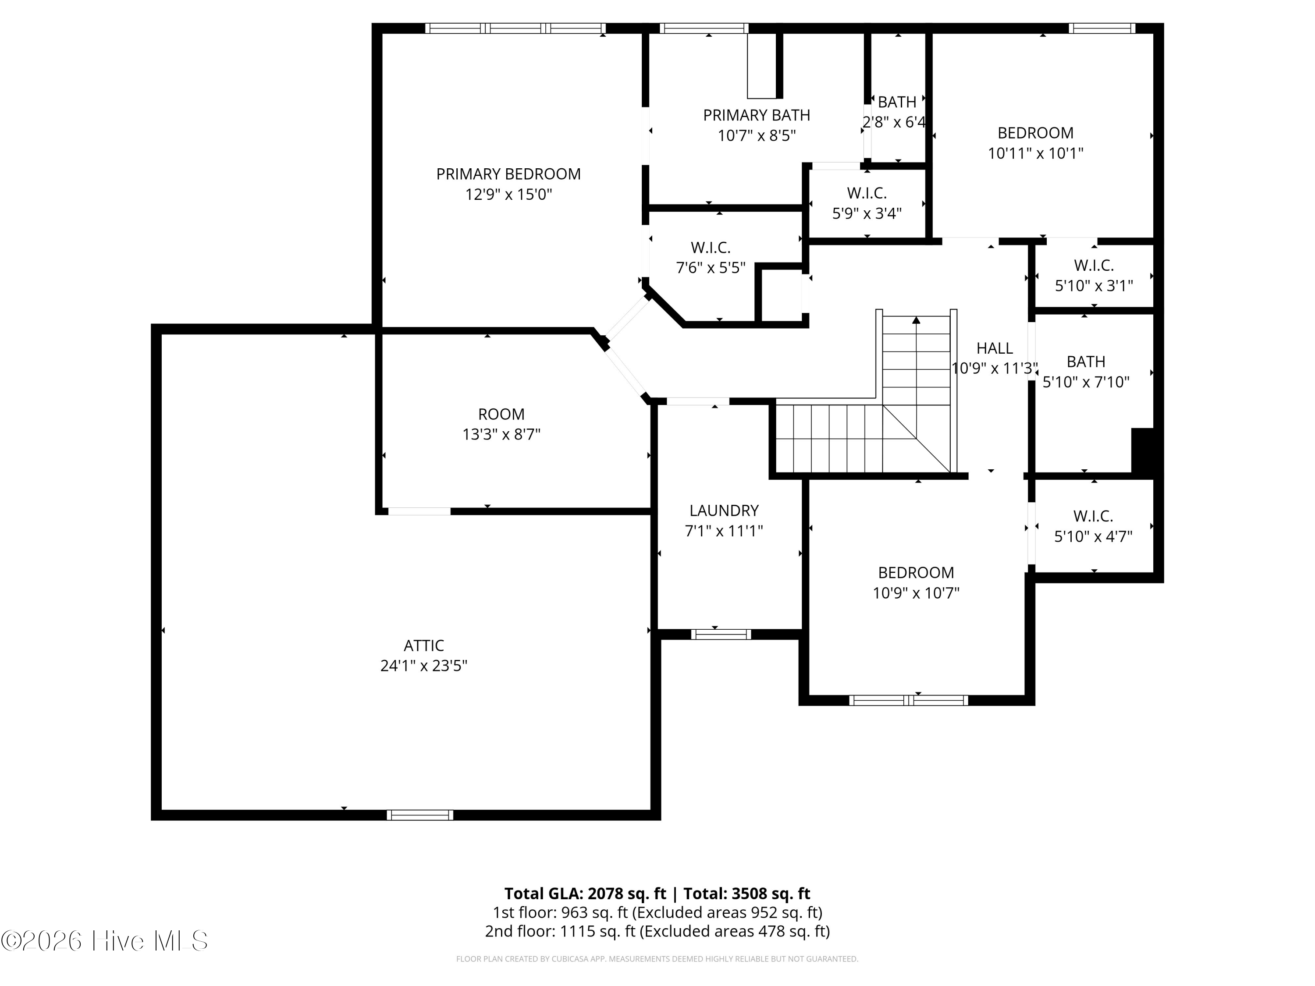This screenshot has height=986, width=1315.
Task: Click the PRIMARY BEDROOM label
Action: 508,174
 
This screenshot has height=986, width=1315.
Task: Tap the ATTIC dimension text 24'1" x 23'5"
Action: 423,666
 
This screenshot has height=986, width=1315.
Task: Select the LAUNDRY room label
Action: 724,511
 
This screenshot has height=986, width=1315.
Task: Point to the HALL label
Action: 994,348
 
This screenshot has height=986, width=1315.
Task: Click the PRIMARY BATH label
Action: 756,115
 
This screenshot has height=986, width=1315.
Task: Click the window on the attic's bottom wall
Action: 420,815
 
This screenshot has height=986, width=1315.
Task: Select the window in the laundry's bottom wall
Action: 721,635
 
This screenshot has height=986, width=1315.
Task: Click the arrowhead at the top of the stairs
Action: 916,320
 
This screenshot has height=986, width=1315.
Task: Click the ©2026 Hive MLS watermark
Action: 105,941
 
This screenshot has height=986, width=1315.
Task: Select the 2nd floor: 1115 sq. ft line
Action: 657,931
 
